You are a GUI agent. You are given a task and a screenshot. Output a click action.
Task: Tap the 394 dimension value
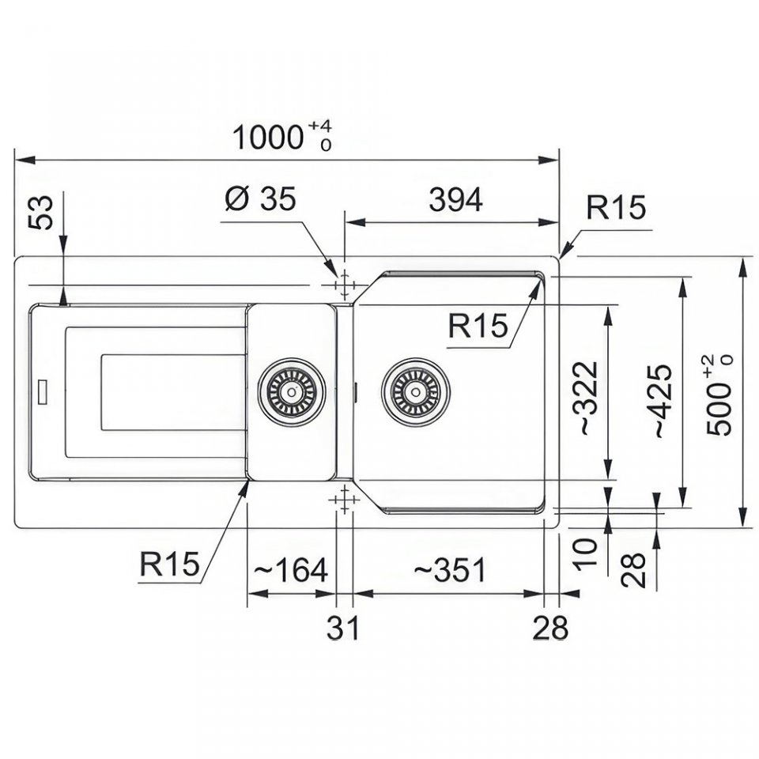(455, 199)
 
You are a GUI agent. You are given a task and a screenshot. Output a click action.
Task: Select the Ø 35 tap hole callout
(260, 198)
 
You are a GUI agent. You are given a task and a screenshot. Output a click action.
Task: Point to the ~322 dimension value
(588, 398)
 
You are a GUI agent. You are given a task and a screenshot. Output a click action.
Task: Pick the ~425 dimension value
(663, 402)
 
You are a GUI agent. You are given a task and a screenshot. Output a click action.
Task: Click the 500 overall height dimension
(719, 395)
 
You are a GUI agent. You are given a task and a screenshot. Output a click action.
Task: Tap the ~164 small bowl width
(290, 570)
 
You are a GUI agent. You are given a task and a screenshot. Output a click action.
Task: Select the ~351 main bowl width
(449, 570)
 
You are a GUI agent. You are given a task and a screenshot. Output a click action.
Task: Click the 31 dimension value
(342, 628)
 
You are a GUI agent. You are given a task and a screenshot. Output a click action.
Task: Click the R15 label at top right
(616, 208)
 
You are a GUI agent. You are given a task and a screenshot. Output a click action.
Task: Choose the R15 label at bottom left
(169, 564)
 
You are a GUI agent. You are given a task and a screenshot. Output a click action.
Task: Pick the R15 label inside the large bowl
(478, 325)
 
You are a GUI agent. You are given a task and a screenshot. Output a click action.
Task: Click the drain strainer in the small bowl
(292, 392)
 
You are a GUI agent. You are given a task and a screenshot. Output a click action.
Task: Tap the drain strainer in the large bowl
(415, 392)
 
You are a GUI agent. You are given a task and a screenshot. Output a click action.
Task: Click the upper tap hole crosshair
(344, 285)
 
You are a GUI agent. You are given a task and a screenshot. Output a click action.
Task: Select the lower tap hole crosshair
(344, 500)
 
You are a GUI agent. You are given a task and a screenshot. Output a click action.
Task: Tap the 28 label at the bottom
(550, 628)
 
